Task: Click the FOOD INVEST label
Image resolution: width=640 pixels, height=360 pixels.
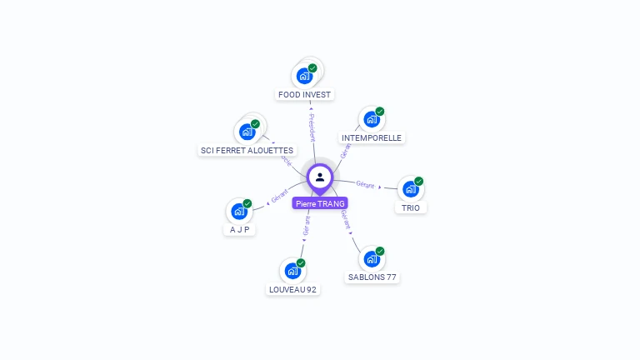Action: pyautogui.click(x=305, y=95)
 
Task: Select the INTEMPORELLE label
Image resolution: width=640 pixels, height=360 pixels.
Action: pyautogui.click(x=372, y=137)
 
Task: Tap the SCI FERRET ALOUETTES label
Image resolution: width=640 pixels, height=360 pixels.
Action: pyautogui.click(x=247, y=151)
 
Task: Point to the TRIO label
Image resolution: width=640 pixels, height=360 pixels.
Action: pyautogui.click(x=411, y=207)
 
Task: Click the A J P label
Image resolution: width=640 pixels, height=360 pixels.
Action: pyautogui.click(x=240, y=230)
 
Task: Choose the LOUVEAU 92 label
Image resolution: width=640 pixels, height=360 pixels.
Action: pyautogui.click(x=292, y=290)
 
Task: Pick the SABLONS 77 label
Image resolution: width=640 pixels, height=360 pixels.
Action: pyautogui.click(x=372, y=277)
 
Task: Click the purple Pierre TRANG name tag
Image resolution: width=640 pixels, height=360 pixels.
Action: pyautogui.click(x=320, y=203)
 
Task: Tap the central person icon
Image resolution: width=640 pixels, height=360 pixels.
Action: pyautogui.click(x=320, y=177)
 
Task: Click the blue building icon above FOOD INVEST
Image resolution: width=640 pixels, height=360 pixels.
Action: pyautogui.click(x=304, y=76)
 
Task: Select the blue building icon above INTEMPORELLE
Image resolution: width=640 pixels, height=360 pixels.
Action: pyautogui.click(x=372, y=119)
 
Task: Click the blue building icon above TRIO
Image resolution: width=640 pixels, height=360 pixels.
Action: pyautogui.click(x=410, y=189)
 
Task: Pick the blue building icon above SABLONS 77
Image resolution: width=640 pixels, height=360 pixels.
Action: pyautogui.click(x=372, y=259)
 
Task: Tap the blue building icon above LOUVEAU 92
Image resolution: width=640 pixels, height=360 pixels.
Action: pyautogui.click(x=292, y=271)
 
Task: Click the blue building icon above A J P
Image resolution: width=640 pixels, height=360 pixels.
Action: pyautogui.click(x=239, y=212)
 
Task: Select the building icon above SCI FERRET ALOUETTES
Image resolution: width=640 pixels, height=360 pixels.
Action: pyautogui.click(x=247, y=132)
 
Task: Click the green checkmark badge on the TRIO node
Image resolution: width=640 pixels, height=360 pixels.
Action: pyautogui.click(x=419, y=181)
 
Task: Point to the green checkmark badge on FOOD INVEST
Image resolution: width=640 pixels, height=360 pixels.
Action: pyautogui.click(x=312, y=68)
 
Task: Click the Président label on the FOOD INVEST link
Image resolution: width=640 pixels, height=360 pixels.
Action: pyautogui.click(x=312, y=127)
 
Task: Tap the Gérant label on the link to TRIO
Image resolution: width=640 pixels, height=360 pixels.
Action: pyautogui.click(x=365, y=183)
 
